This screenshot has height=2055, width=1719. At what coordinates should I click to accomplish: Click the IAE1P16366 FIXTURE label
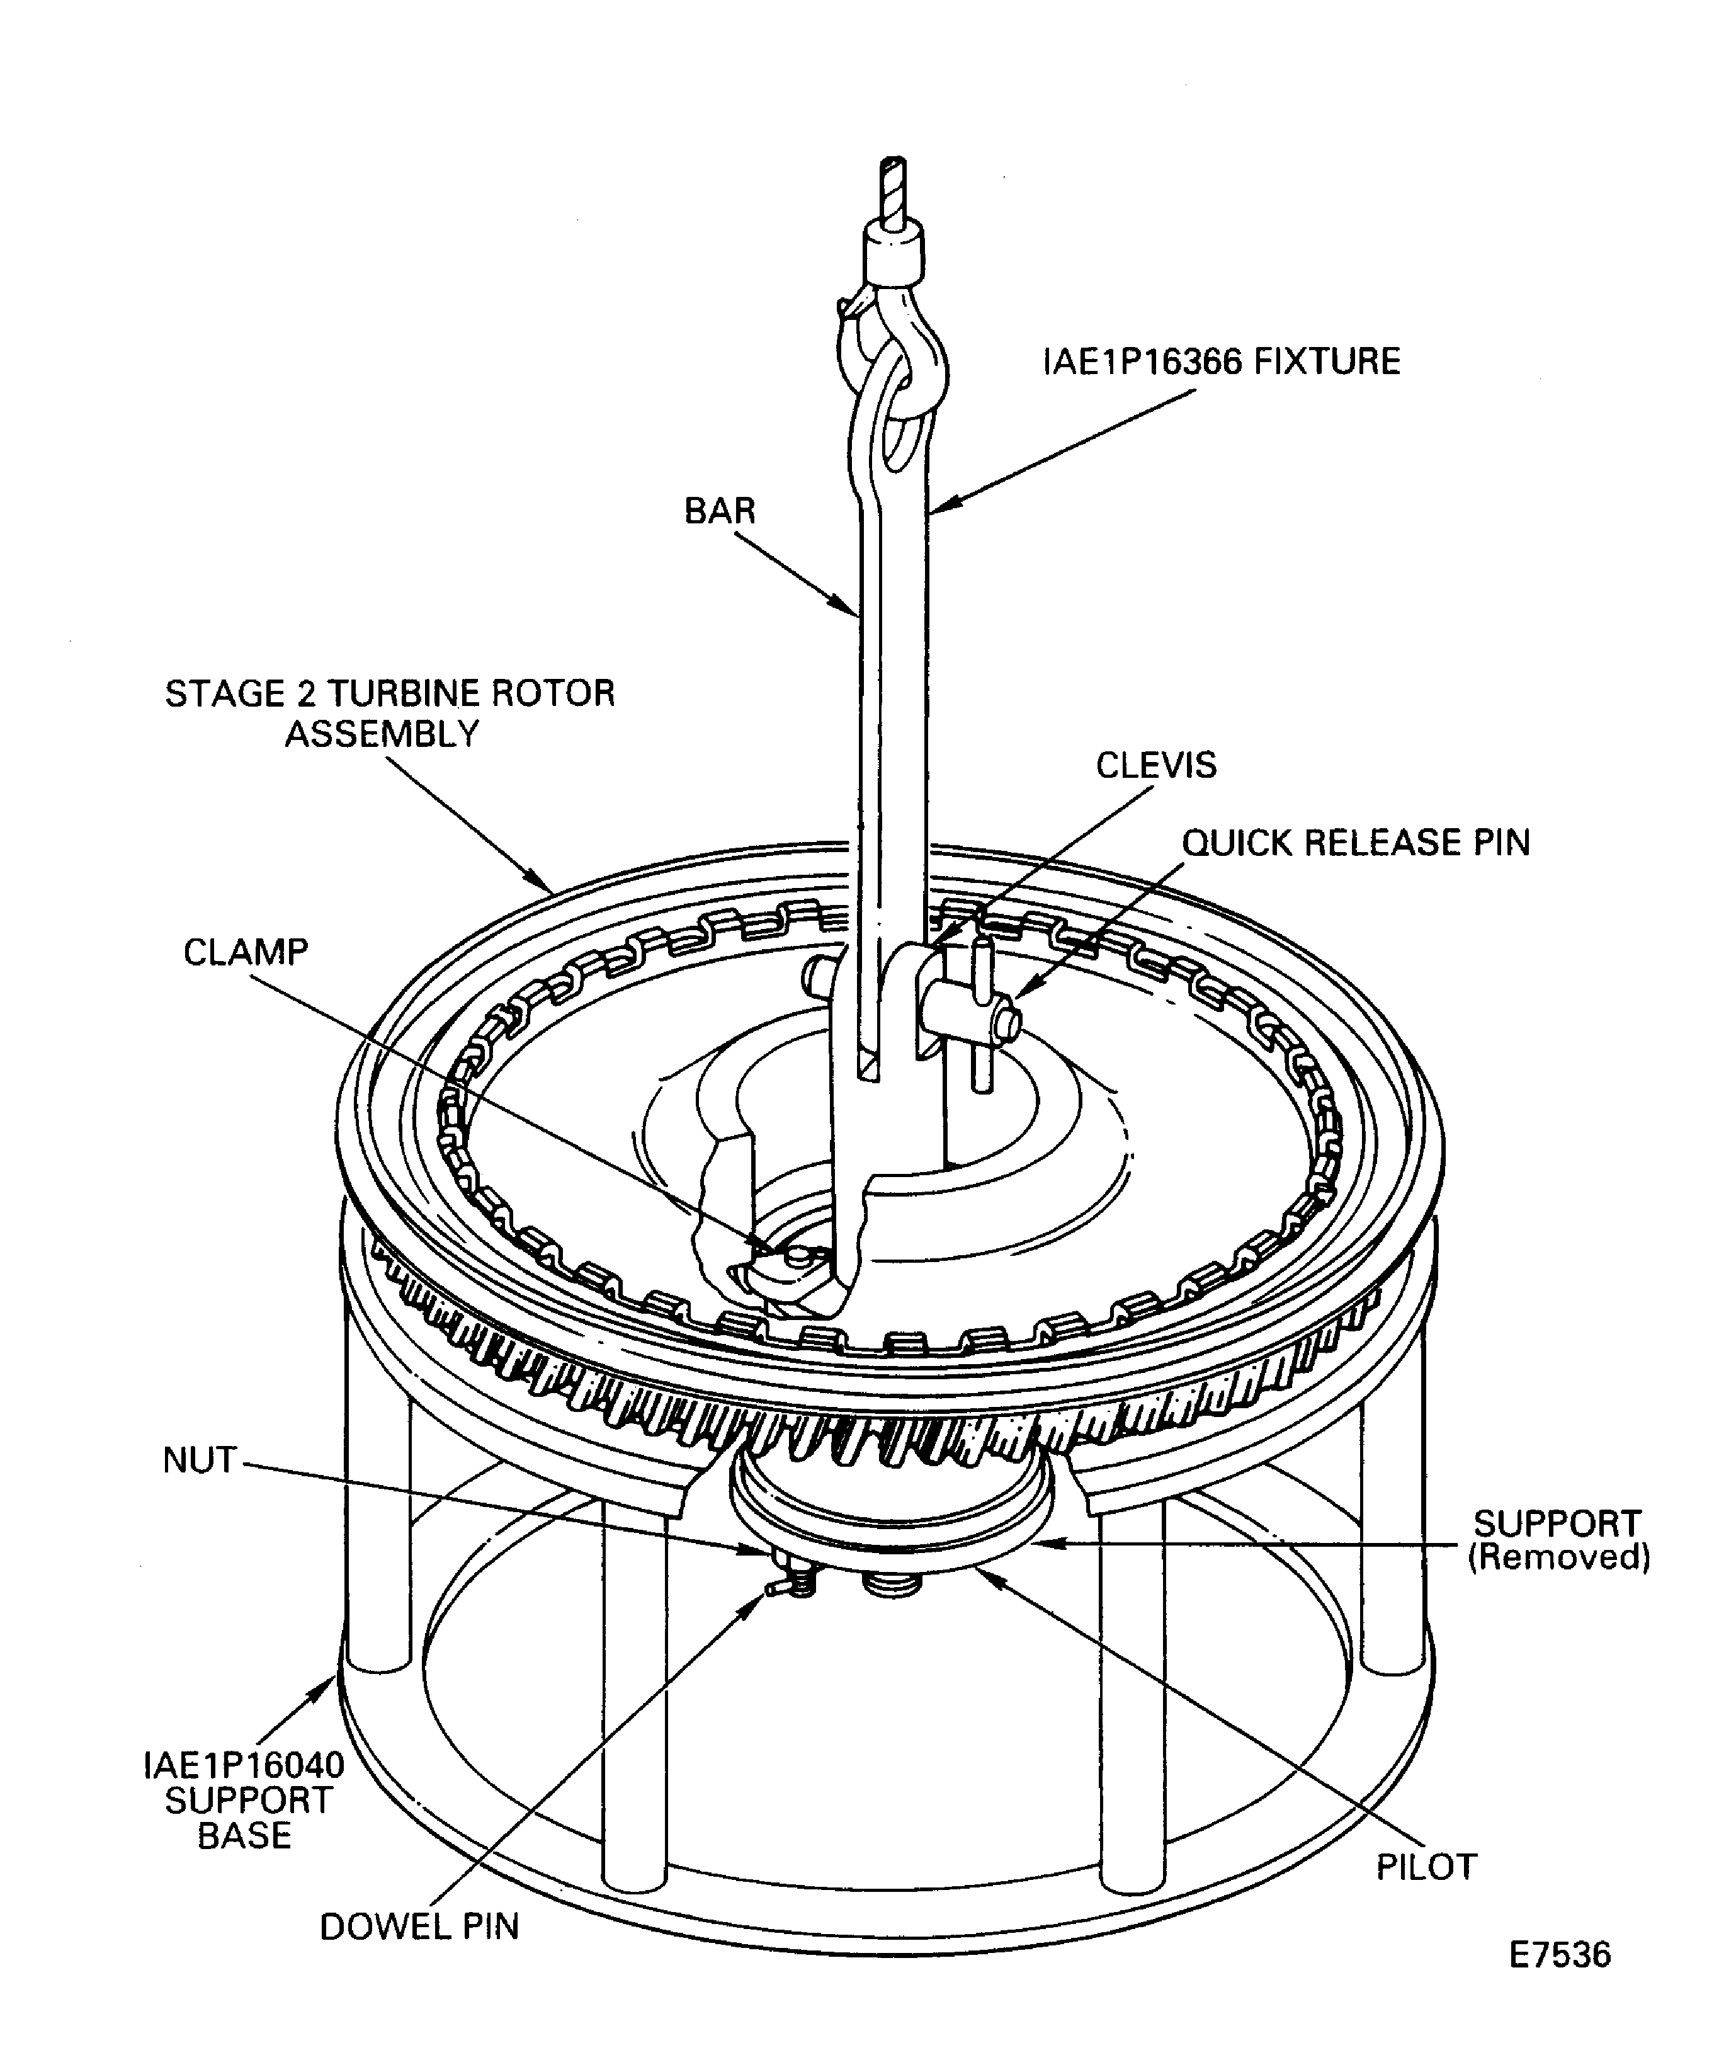coord(1221,362)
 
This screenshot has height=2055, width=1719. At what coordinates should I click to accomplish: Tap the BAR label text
coord(720,511)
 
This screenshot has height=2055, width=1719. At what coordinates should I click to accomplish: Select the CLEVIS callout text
coord(1155,765)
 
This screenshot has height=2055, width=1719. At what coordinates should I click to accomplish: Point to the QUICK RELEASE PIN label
coord(1356,843)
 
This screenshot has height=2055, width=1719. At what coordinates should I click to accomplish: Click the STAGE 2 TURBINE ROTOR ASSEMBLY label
coord(389,714)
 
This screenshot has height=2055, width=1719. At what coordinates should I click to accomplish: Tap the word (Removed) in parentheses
coord(1560,1557)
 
